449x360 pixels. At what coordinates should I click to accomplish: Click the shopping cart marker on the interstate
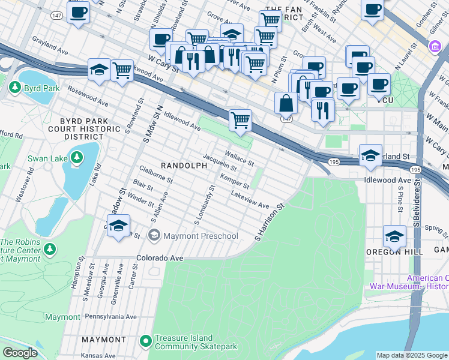coord(240,119)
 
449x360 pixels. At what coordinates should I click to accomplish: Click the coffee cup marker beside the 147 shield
coord(78,12)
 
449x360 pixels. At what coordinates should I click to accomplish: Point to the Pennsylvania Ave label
coord(111,316)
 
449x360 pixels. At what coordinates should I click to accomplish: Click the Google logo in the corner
coord(20,353)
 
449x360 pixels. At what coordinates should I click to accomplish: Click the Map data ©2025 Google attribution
coord(411,355)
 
